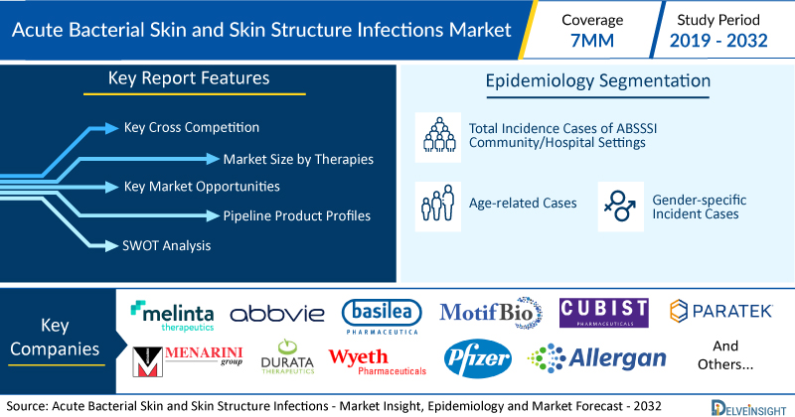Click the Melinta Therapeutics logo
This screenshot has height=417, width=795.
pos(172,316)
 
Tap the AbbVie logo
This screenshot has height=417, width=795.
pos(277,314)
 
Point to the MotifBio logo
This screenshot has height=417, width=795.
pos(491,313)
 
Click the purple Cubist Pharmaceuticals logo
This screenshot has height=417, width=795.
pos(604,313)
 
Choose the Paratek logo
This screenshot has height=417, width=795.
pos(721,311)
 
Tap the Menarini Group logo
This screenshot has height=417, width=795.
pos(187,361)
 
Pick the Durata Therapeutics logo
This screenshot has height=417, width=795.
pos(287,356)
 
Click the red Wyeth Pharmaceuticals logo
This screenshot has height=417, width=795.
pos(378,361)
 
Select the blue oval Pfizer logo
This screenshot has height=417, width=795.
pos(478,358)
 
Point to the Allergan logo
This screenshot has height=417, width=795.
pos(597,358)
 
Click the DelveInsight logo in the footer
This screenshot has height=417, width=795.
pos(748,408)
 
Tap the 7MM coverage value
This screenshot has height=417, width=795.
pos(592,40)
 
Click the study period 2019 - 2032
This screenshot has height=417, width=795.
pos(718,40)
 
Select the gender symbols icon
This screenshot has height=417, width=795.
pos(620,207)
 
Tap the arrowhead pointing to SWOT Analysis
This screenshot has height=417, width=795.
pos(111,246)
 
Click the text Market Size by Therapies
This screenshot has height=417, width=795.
pos(298,159)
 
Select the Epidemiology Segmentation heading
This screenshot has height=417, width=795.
pos(598,81)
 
